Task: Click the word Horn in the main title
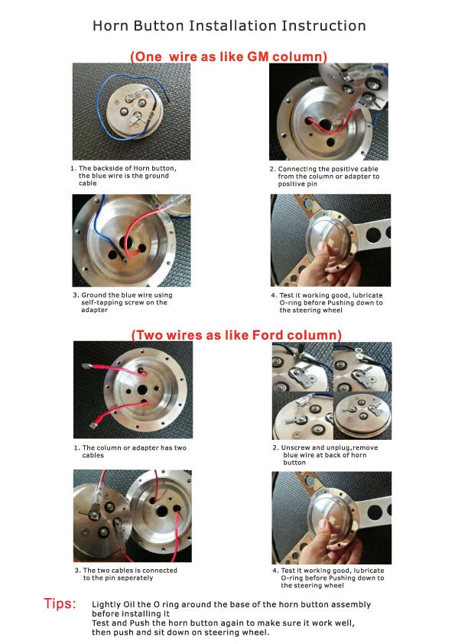point(110,26)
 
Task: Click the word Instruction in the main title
point(326,26)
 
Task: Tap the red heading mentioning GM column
point(228,57)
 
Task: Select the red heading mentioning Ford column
point(236,335)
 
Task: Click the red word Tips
point(60,605)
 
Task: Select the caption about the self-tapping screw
point(125,302)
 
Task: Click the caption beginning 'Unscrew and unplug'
point(325,454)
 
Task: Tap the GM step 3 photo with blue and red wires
point(131,239)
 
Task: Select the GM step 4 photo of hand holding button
point(330,239)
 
